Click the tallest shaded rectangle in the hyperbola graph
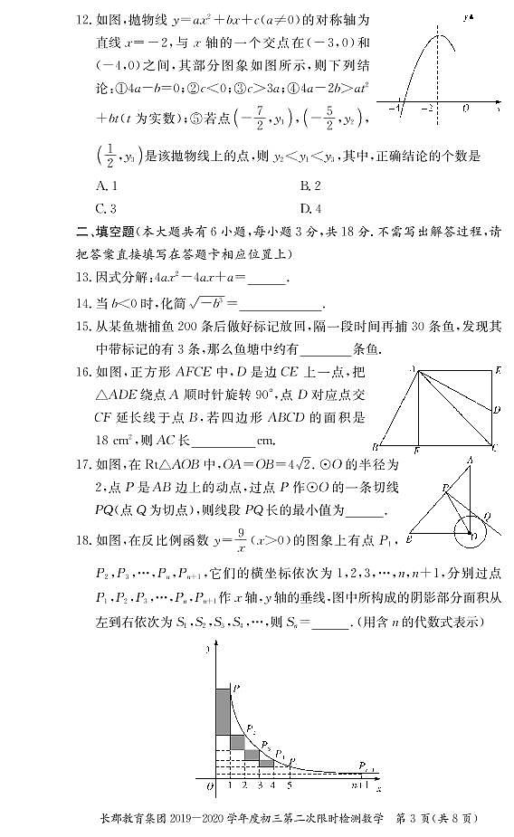tap(222, 711)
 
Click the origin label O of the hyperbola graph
tap(209, 786)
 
